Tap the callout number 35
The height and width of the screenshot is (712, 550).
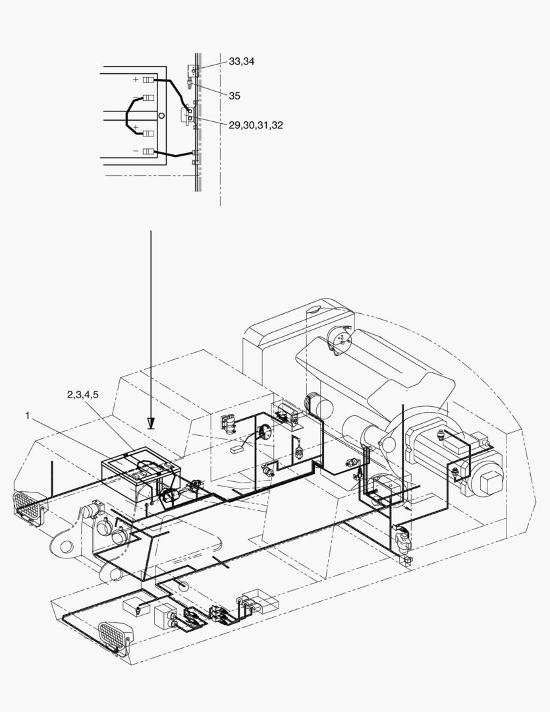pyautogui.click(x=234, y=96)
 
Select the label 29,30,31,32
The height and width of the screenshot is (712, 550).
pyautogui.click(x=256, y=125)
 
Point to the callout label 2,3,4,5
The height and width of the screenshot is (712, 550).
pyautogui.click(x=82, y=395)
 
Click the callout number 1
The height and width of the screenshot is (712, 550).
pyautogui.click(x=28, y=415)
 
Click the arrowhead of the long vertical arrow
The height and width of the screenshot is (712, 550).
pyautogui.click(x=151, y=424)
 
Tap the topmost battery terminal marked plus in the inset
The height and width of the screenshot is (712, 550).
pyautogui.click(x=149, y=80)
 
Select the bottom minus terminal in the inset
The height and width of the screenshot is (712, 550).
pyautogui.click(x=149, y=151)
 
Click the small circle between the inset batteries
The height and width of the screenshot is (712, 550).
pyautogui.click(x=161, y=115)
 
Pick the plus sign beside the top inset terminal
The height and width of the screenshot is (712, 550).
pyautogui.click(x=135, y=80)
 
